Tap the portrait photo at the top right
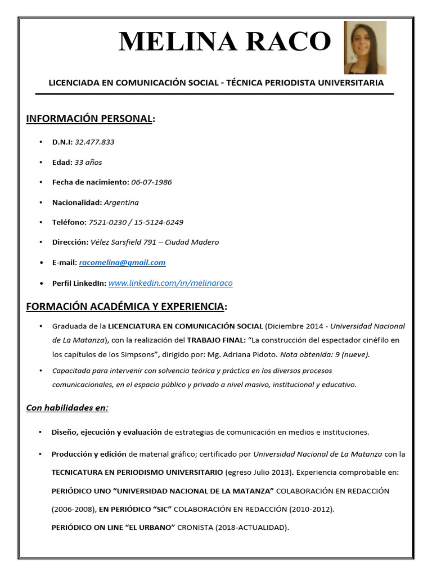coord(365,48)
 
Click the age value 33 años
coord(88,162)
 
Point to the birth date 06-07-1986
coord(151,182)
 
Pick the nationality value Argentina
coord(121,202)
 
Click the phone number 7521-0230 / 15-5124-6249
coord(136,222)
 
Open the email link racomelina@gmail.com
coord(122,263)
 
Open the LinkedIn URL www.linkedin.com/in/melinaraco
coord(170,283)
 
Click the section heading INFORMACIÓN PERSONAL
coord(89,119)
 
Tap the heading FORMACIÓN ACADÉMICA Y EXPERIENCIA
coord(125,307)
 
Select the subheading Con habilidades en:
coord(67,408)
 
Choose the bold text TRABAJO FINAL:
coord(215,340)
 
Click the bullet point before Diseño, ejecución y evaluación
coord(40,432)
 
